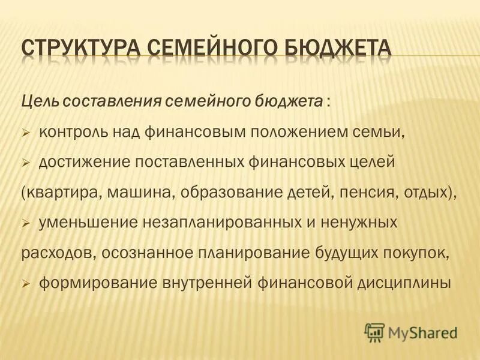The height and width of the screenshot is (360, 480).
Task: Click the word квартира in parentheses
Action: click(x=55, y=193)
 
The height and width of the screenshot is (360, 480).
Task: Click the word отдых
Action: click(x=428, y=193)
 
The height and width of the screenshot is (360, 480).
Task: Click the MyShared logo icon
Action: click(x=374, y=331)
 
